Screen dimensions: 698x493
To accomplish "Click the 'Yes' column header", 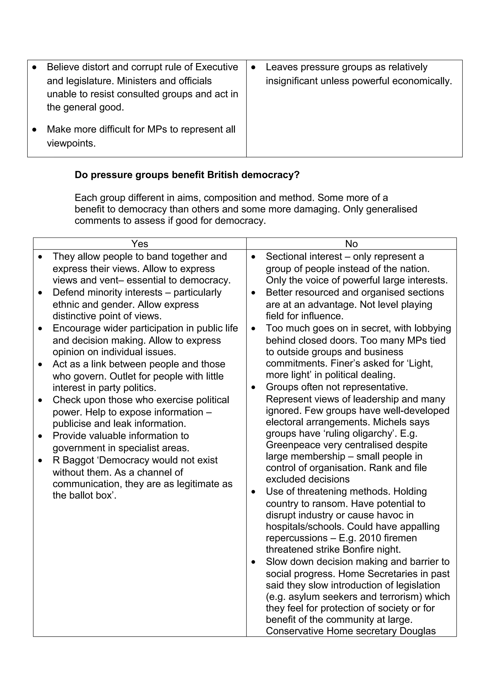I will point(139,244).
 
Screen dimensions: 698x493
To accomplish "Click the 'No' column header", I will point(351,244).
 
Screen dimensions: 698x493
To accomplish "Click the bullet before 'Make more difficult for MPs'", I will point(35,130).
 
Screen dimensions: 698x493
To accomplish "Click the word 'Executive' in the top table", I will point(217,67).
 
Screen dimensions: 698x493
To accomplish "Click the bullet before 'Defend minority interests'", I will point(40,293).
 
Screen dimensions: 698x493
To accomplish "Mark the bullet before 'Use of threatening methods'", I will point(253,492).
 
